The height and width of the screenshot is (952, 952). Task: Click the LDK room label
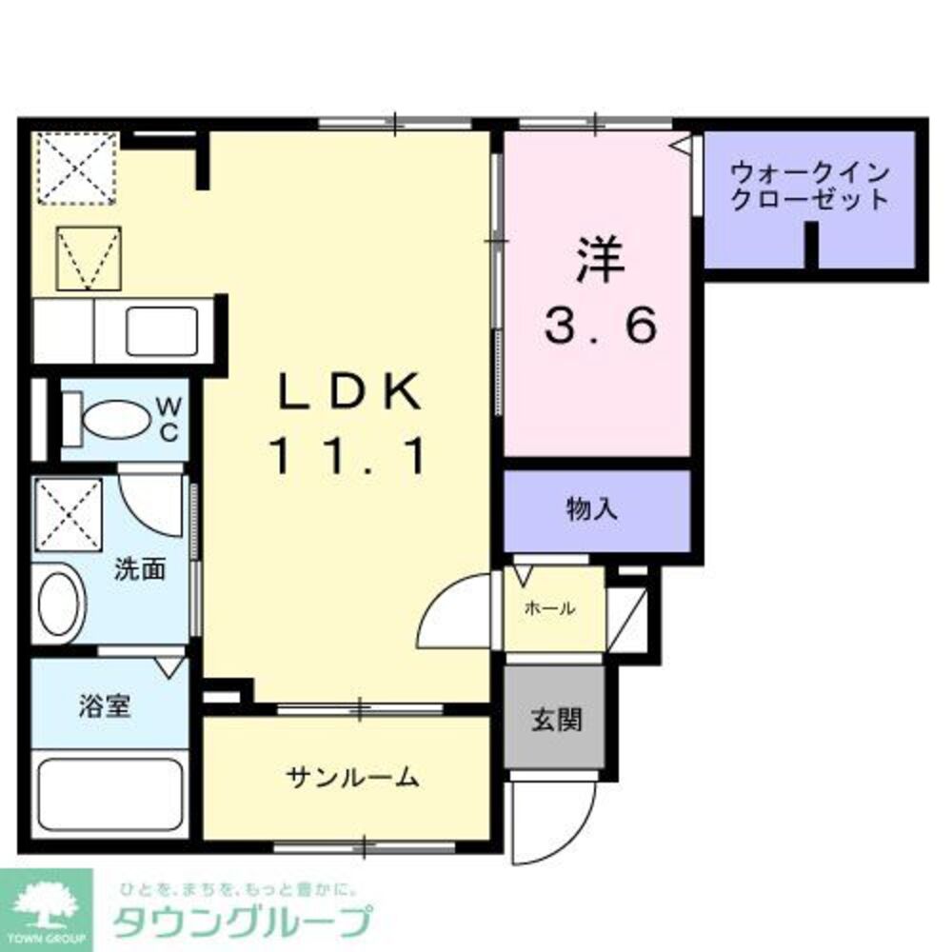pos(348,391)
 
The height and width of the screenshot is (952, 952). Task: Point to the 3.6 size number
pos(600,328)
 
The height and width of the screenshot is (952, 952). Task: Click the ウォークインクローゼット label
pos(809,187)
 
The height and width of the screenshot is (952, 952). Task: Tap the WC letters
pos(168,419)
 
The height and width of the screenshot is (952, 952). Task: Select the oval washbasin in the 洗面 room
pos(59,602)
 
